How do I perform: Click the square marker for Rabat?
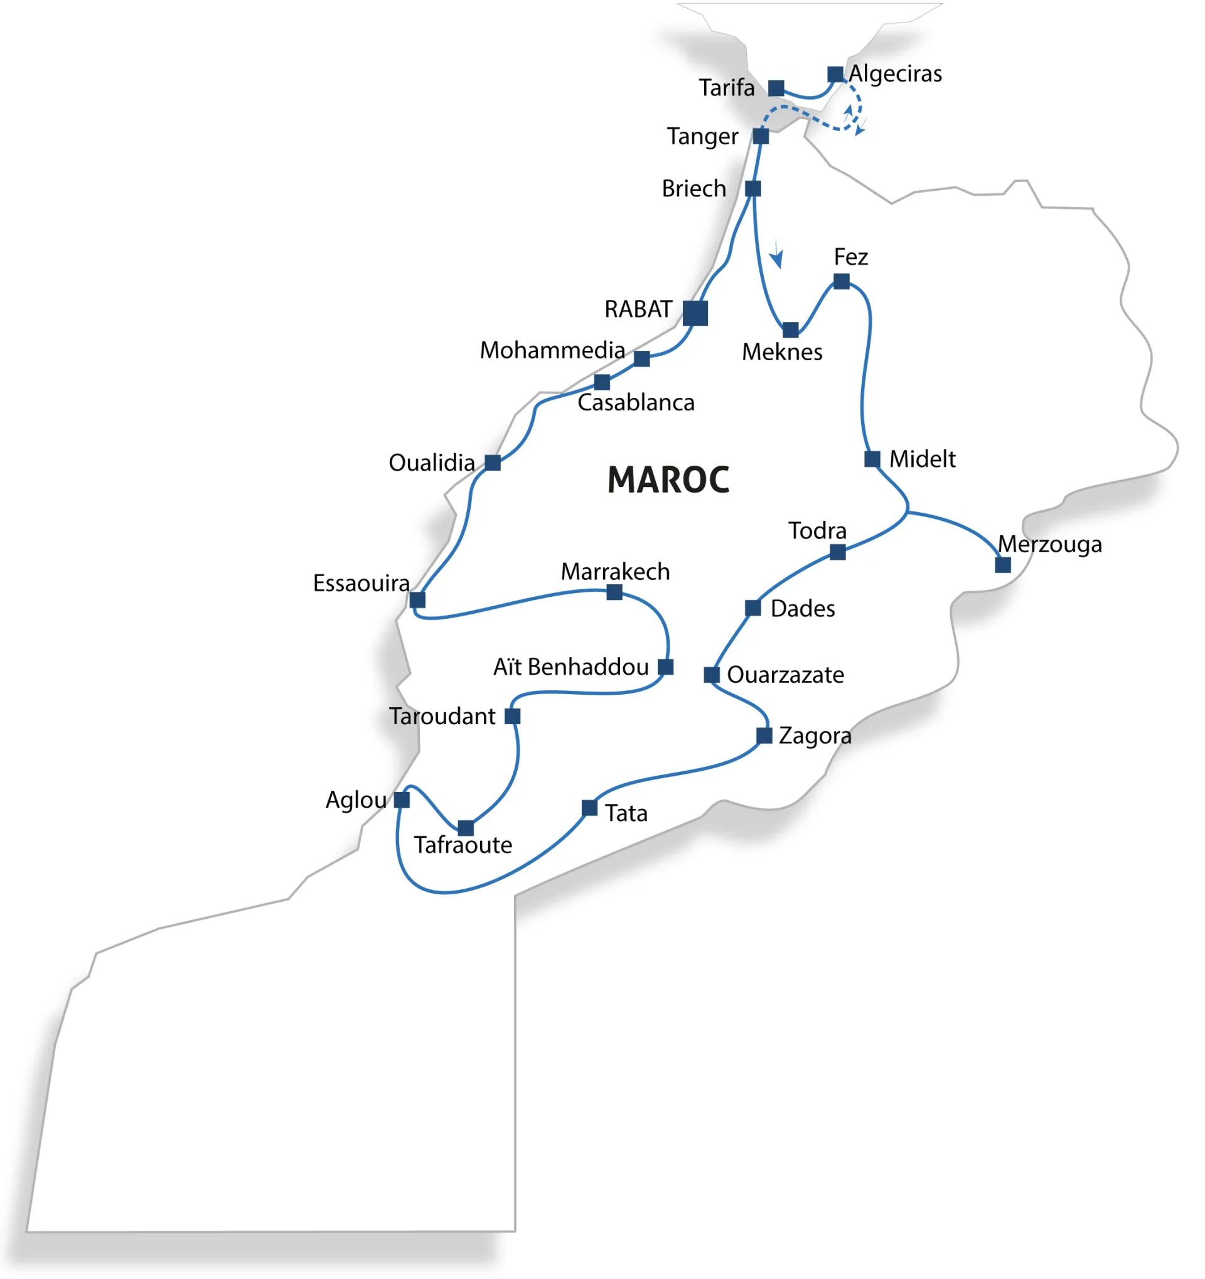(695, 313)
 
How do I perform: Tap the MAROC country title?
(668, 480)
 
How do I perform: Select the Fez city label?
(850, 257)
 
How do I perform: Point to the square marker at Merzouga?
(1002, 565)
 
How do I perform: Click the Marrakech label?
(615, 571)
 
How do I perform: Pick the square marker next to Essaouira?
(417, 599)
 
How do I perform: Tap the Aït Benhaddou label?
(570, 667)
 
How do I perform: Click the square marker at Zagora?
(764, 736)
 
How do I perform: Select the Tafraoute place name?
(463, 845)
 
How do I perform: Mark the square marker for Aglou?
(402, 800)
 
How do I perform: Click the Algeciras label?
(895, 74)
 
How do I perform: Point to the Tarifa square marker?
(776, 88)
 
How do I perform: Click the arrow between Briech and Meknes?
(777, 255)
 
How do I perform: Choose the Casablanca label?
(636, 403)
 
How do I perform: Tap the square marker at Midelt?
(872, 459)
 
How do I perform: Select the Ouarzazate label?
(785, 675)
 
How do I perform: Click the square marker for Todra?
(837, 552)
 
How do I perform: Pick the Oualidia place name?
(432, 463)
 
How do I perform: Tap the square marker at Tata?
(589, 808)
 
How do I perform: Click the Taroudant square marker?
(512, 716)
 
